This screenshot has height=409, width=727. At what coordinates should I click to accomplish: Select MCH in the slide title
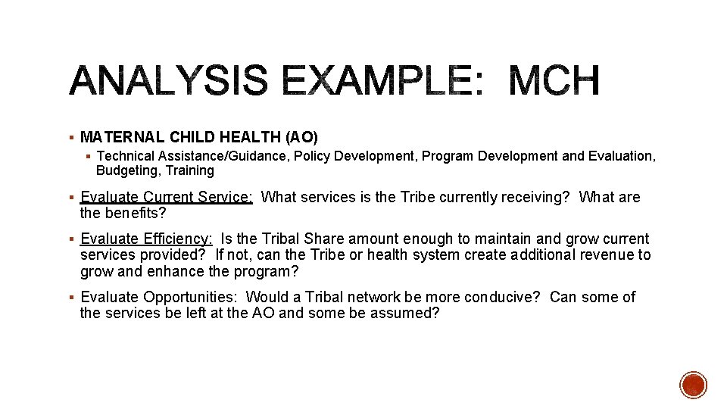554,81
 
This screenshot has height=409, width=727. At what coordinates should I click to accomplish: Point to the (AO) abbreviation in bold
301,137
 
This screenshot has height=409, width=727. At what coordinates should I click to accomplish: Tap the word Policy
312,156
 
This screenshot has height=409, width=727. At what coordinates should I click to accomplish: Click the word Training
190,170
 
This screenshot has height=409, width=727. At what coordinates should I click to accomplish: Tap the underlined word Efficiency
176,239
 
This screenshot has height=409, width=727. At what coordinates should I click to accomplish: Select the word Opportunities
190,297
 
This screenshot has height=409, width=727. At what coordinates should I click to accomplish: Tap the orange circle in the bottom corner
693,385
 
